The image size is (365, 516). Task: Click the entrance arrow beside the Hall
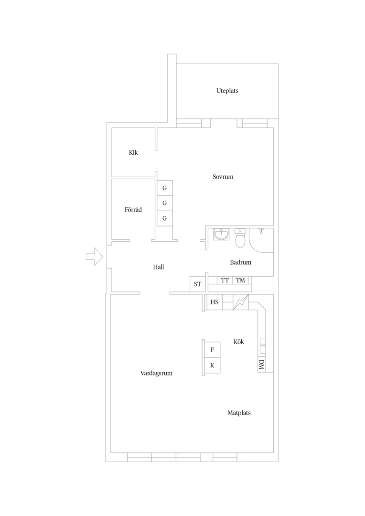point(95,257)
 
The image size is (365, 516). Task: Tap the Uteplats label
point(227,91)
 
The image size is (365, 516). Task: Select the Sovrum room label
point(223,177)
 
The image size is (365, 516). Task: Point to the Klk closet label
point(133,153)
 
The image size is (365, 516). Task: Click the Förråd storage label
point(133,210)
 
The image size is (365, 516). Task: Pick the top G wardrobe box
point(164,188)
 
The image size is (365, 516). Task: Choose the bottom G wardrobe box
point(164,218)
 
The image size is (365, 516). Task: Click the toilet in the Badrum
point(240,238)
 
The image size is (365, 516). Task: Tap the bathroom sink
point(221,234)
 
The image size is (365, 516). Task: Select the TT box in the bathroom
point(225,280)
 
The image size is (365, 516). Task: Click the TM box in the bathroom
point(241,280)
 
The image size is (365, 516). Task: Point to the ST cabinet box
point(197,284)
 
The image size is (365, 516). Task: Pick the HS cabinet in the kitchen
point(214,302)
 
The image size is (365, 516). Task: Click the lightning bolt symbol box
point(241,302)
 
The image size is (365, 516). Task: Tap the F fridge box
point(212,350)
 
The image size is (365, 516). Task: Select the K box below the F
point(212,365)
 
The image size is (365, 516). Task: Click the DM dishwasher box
point(262,364)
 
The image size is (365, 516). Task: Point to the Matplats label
point(239,413)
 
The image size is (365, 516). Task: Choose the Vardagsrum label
point(156,373)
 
